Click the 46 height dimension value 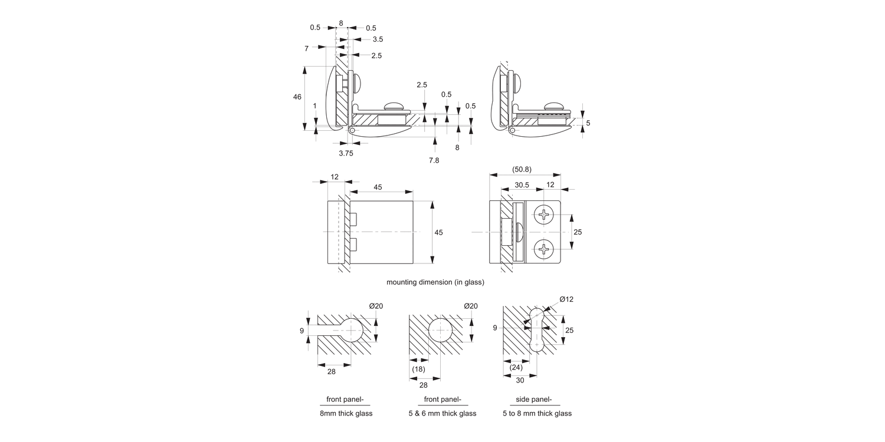click(x=297, y=97)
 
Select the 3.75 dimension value click(x=346, y=153)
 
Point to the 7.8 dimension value click(x=434, y=160)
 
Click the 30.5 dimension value click(x=522, y=185)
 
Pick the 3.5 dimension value click(x=378, y=39)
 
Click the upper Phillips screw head click(x=543, y=215)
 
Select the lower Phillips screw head click(x=543, y=250)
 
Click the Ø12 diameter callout click(x=566, y=299)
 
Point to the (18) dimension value click(x=418, y=369)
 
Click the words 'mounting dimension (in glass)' click(x=435, y=282)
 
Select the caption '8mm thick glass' click(x=346, y=413)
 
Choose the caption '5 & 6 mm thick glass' click(x=442, y=413)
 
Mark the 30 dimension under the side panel click(x=520, y=381)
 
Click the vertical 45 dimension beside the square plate click(x=438, y=233)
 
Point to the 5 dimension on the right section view click(x=588, y=123)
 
